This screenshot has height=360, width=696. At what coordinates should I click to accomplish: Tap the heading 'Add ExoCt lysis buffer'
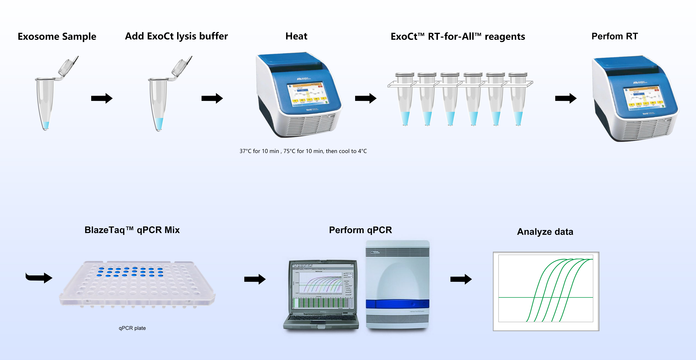click(x=176, y=36)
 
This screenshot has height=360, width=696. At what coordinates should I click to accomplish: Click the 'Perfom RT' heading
click(x=614, y=36)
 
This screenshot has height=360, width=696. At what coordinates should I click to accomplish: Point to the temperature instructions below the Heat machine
click(x=303, y=151)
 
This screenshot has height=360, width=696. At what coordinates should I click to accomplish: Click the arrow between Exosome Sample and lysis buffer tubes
click(x=102, y=98)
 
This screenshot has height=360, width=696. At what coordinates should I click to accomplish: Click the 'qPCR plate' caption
click(x=132, y=328)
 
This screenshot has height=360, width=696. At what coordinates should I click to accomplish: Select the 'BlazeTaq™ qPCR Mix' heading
click(x=132, y=230)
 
